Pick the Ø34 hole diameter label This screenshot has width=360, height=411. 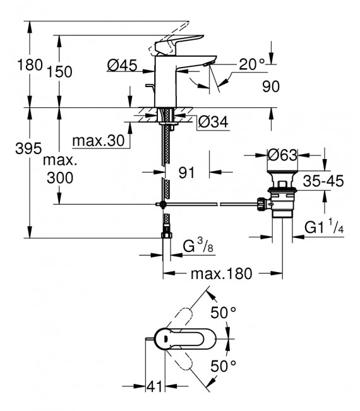tap(213, 122)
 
